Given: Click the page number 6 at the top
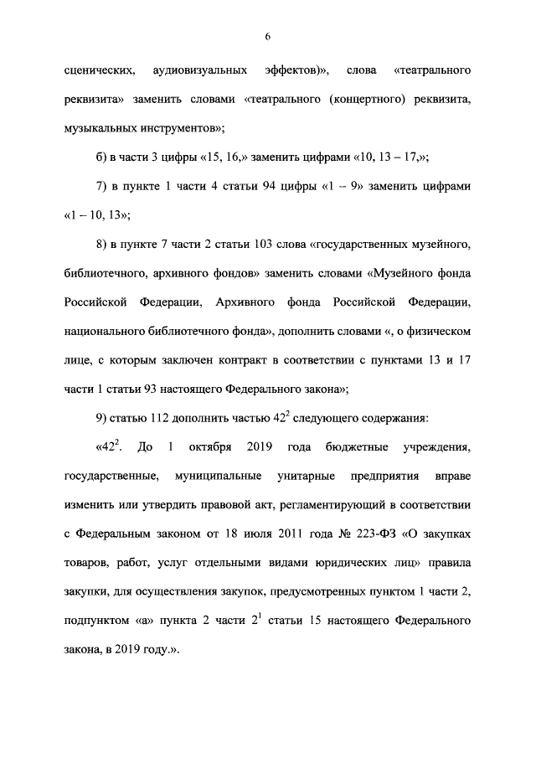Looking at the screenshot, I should (267, 36).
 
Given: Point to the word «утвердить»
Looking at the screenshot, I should (172, 505).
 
